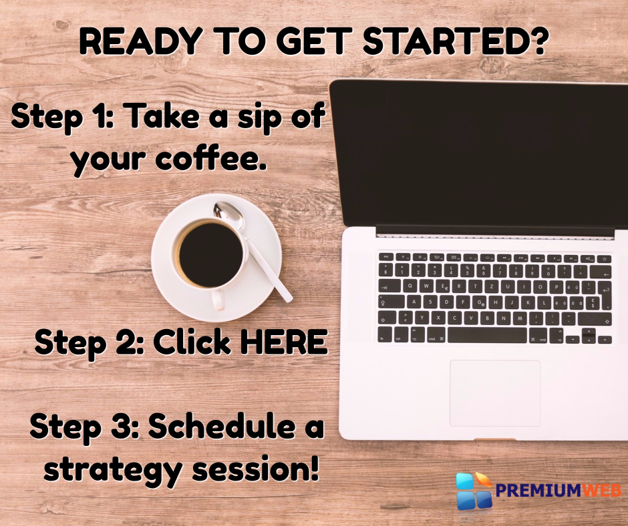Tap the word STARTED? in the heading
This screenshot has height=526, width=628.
coord(454,41)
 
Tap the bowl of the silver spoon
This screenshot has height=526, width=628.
coord(228,214)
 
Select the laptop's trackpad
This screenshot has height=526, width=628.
coord(495,392)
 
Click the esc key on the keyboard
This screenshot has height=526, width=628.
coord(386,257)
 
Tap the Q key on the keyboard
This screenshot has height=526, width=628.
coord(410,286)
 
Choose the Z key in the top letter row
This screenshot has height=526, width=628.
coord(492,286)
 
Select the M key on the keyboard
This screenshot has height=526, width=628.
coord(520,318)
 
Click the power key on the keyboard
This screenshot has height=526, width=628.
coord(605,259)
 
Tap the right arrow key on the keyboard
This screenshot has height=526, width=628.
coord(605,340)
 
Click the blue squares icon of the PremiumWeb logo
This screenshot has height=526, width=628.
coord(474,491)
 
